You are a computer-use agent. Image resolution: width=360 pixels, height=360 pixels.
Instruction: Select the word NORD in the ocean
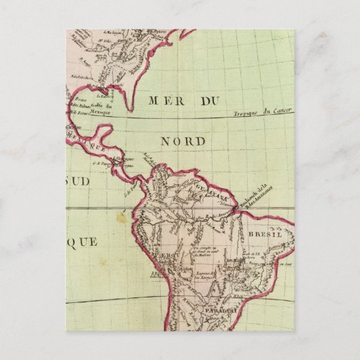183,141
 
